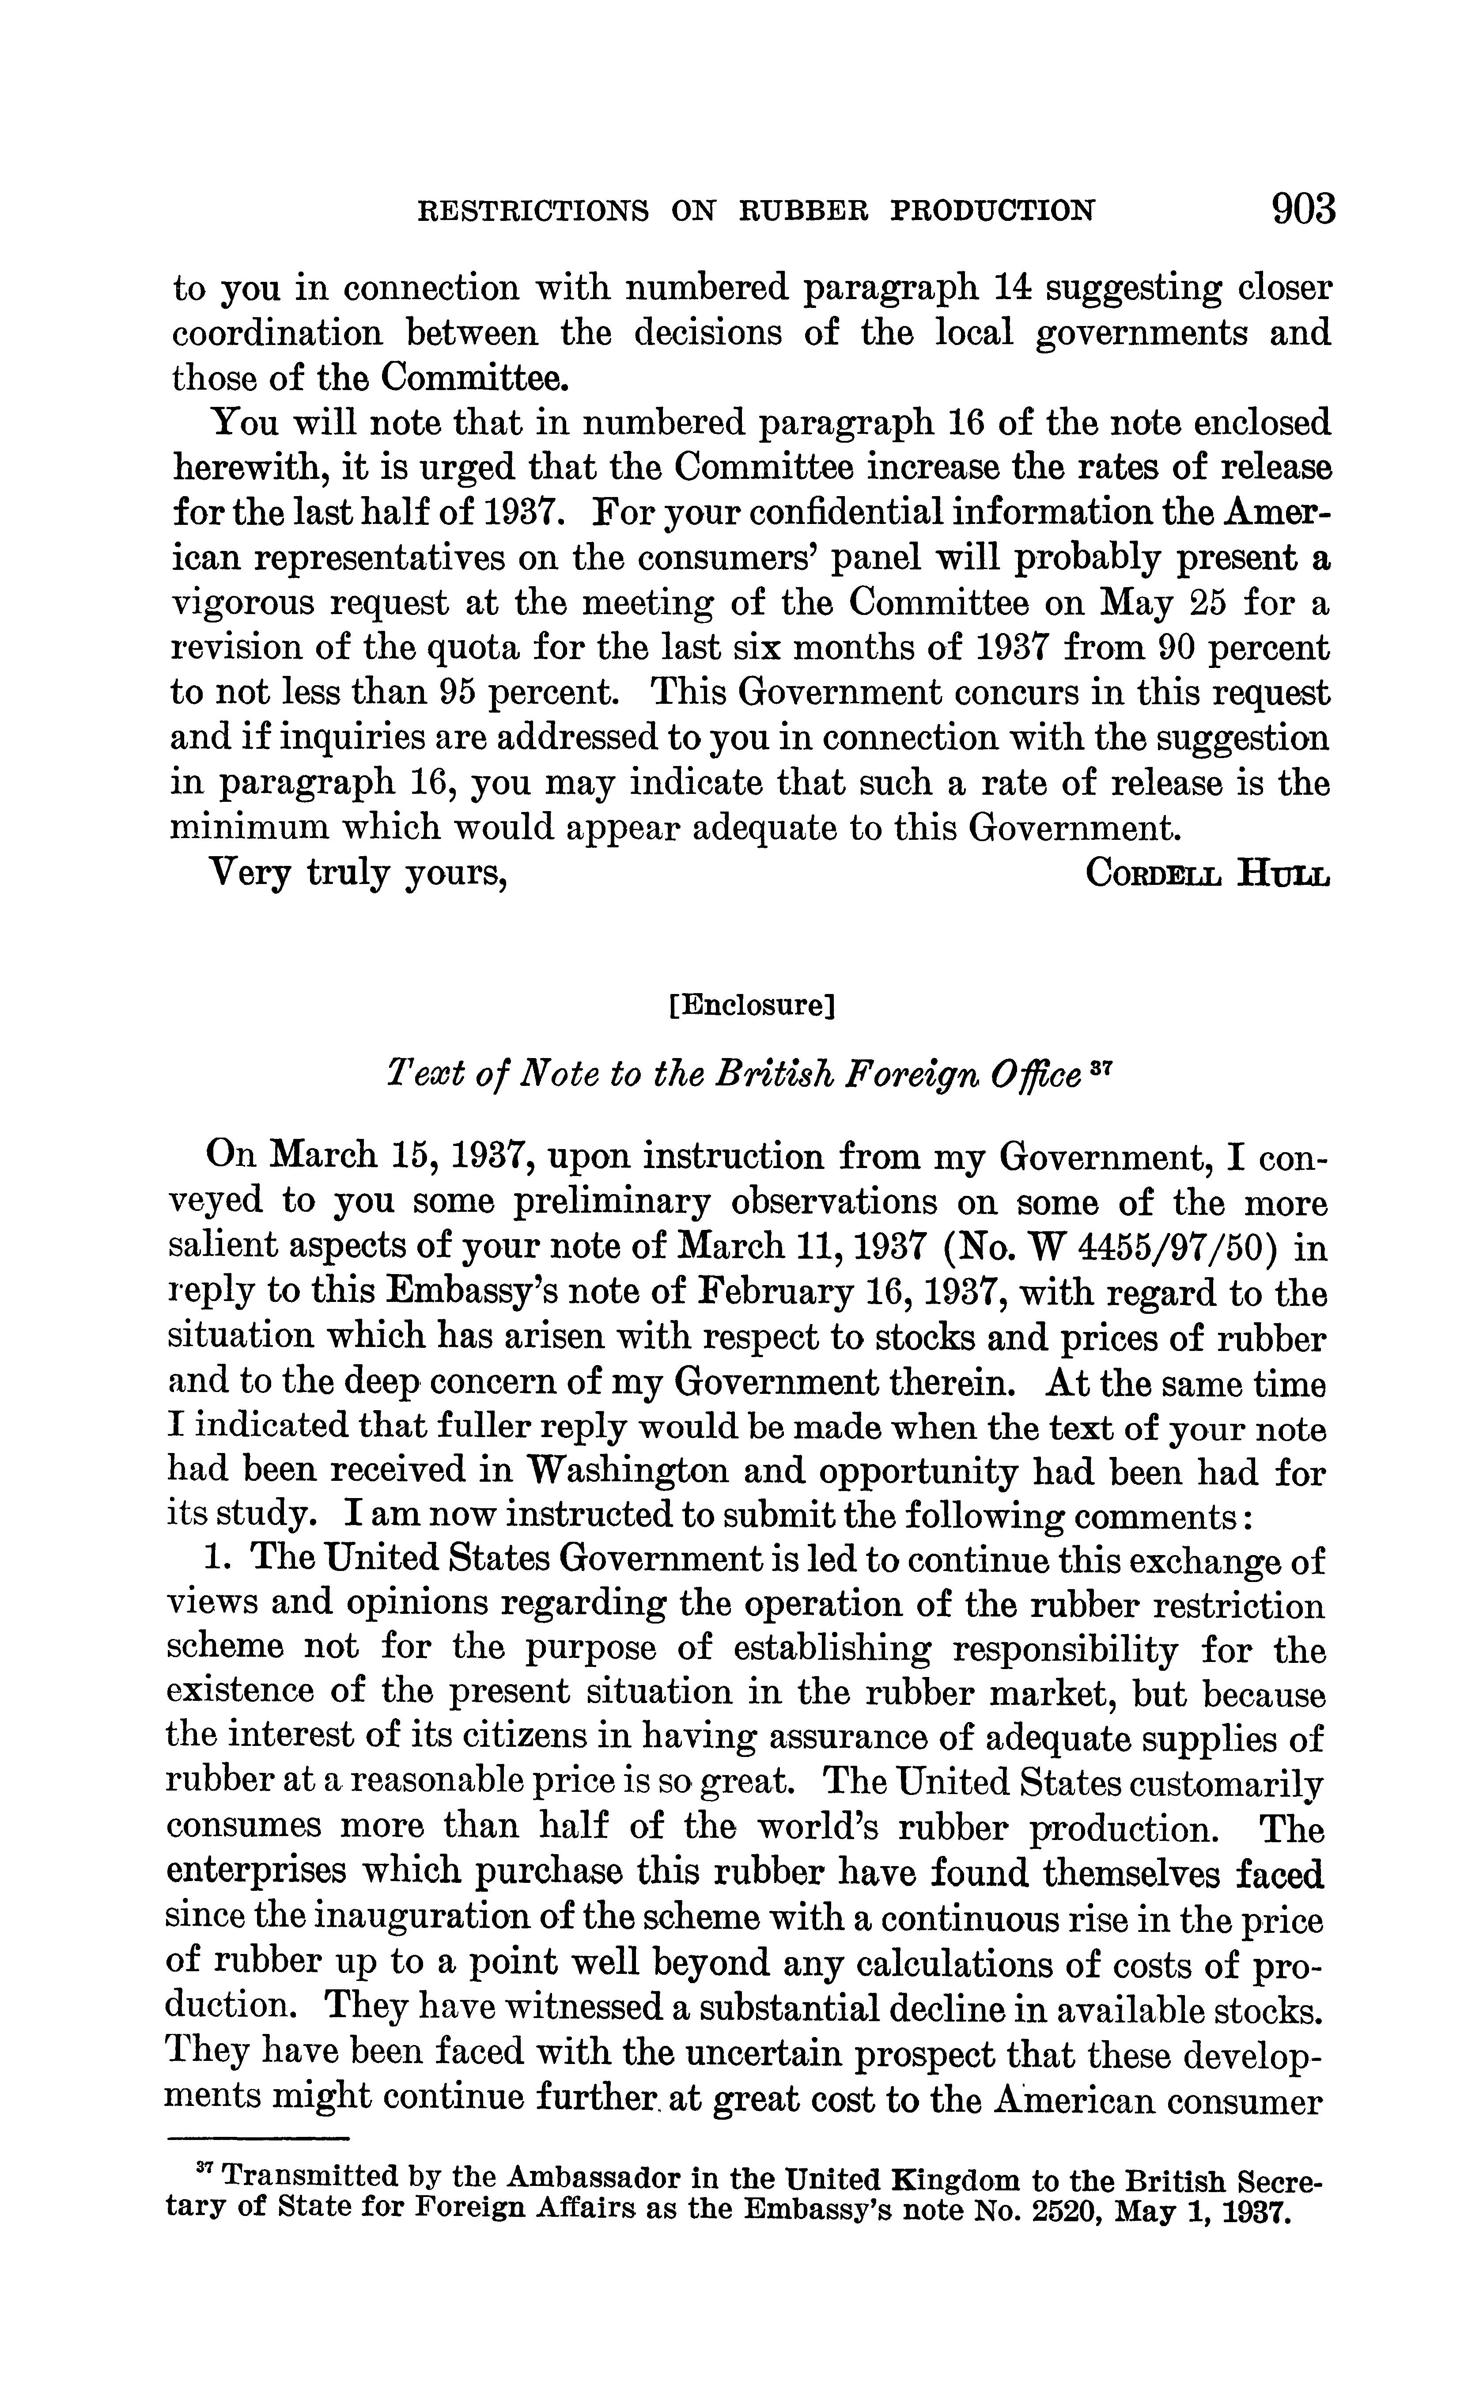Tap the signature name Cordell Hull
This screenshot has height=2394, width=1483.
[x=1208, y=873]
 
